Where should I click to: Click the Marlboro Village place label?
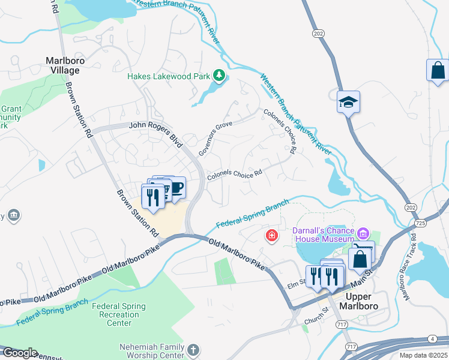[x=63, y=65]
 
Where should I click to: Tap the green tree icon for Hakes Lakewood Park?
[x=220, y=76]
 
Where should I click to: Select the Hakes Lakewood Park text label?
[x=169, y=76]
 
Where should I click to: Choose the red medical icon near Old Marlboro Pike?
[x=272, y=235]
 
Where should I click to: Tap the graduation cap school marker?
[x=347, y=101]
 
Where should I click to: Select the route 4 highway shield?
[x=432, y=339]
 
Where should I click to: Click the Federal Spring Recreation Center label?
[x=119, y=314]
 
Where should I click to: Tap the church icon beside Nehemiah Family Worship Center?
[x=193, y=349]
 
